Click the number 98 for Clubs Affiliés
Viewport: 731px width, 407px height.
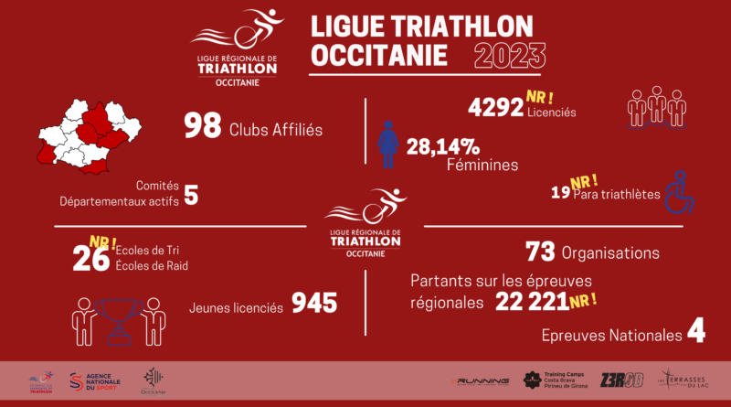[x=203, y=125]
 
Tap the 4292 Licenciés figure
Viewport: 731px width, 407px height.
[x=494, y=108]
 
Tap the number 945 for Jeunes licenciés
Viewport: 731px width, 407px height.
[x=313, y=303]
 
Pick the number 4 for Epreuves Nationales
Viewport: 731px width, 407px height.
[x=695, y=333]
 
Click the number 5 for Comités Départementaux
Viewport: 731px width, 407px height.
[x=190, y=195]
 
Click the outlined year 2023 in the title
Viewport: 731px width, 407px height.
[x=511, y=56]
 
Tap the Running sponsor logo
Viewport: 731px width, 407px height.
[x=482, y=379]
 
